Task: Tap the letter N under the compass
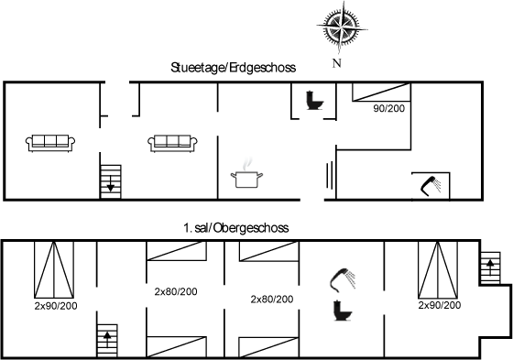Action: tap(336, 63)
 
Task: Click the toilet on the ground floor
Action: tap(312, 99)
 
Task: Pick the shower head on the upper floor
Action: tap(342, 278)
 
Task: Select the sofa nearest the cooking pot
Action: tap(172, 141)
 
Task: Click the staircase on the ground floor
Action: tap(111, 179)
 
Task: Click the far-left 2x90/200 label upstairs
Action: tap(54, 306)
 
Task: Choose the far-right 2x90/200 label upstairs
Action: tap(439, 305)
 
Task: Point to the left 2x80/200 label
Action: tap(176, 291)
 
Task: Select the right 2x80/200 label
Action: tap(272, 299)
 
